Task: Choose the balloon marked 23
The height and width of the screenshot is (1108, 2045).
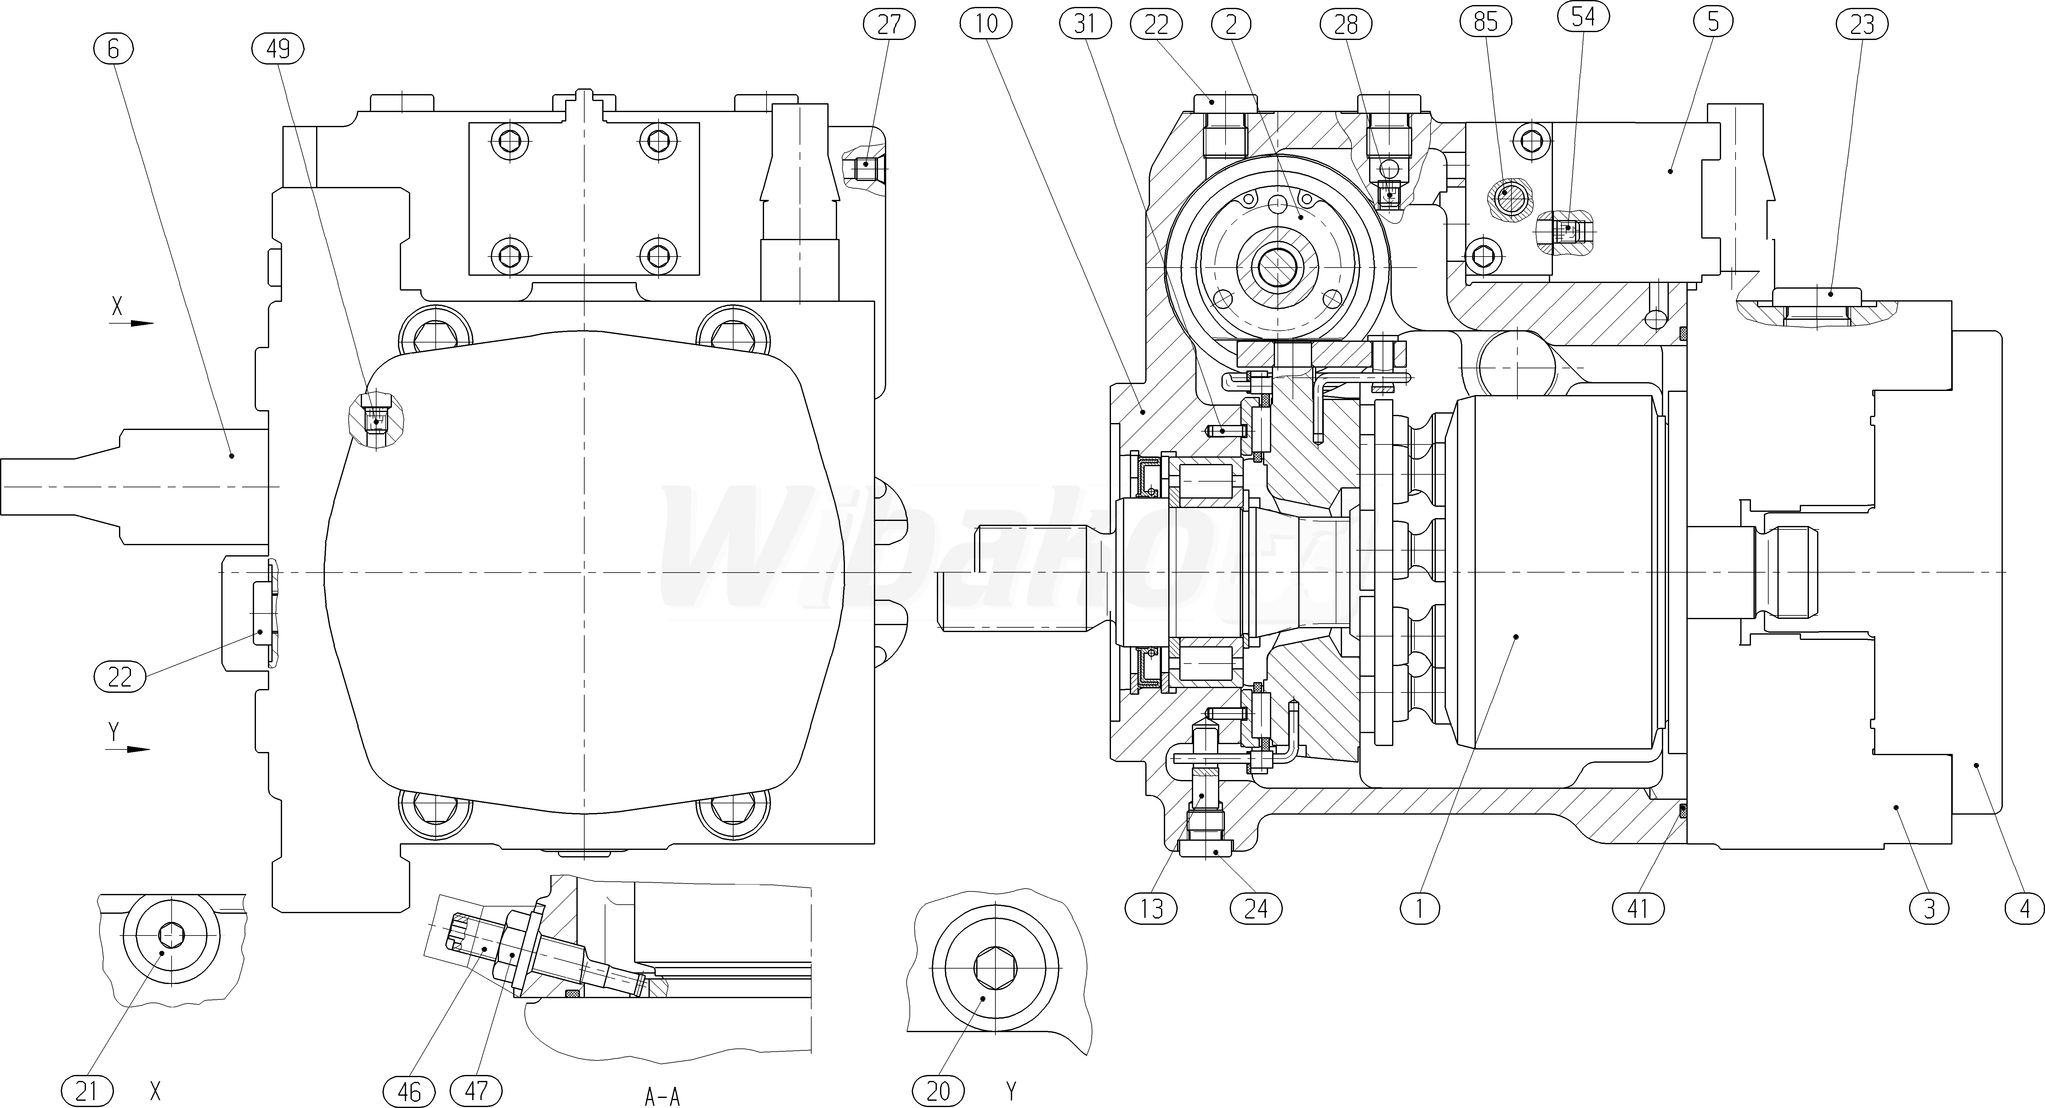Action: tap(1861, 25)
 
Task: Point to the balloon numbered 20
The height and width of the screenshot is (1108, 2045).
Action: tap(938, 1091)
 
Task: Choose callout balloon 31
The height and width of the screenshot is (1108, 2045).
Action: tap(1085, 25)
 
